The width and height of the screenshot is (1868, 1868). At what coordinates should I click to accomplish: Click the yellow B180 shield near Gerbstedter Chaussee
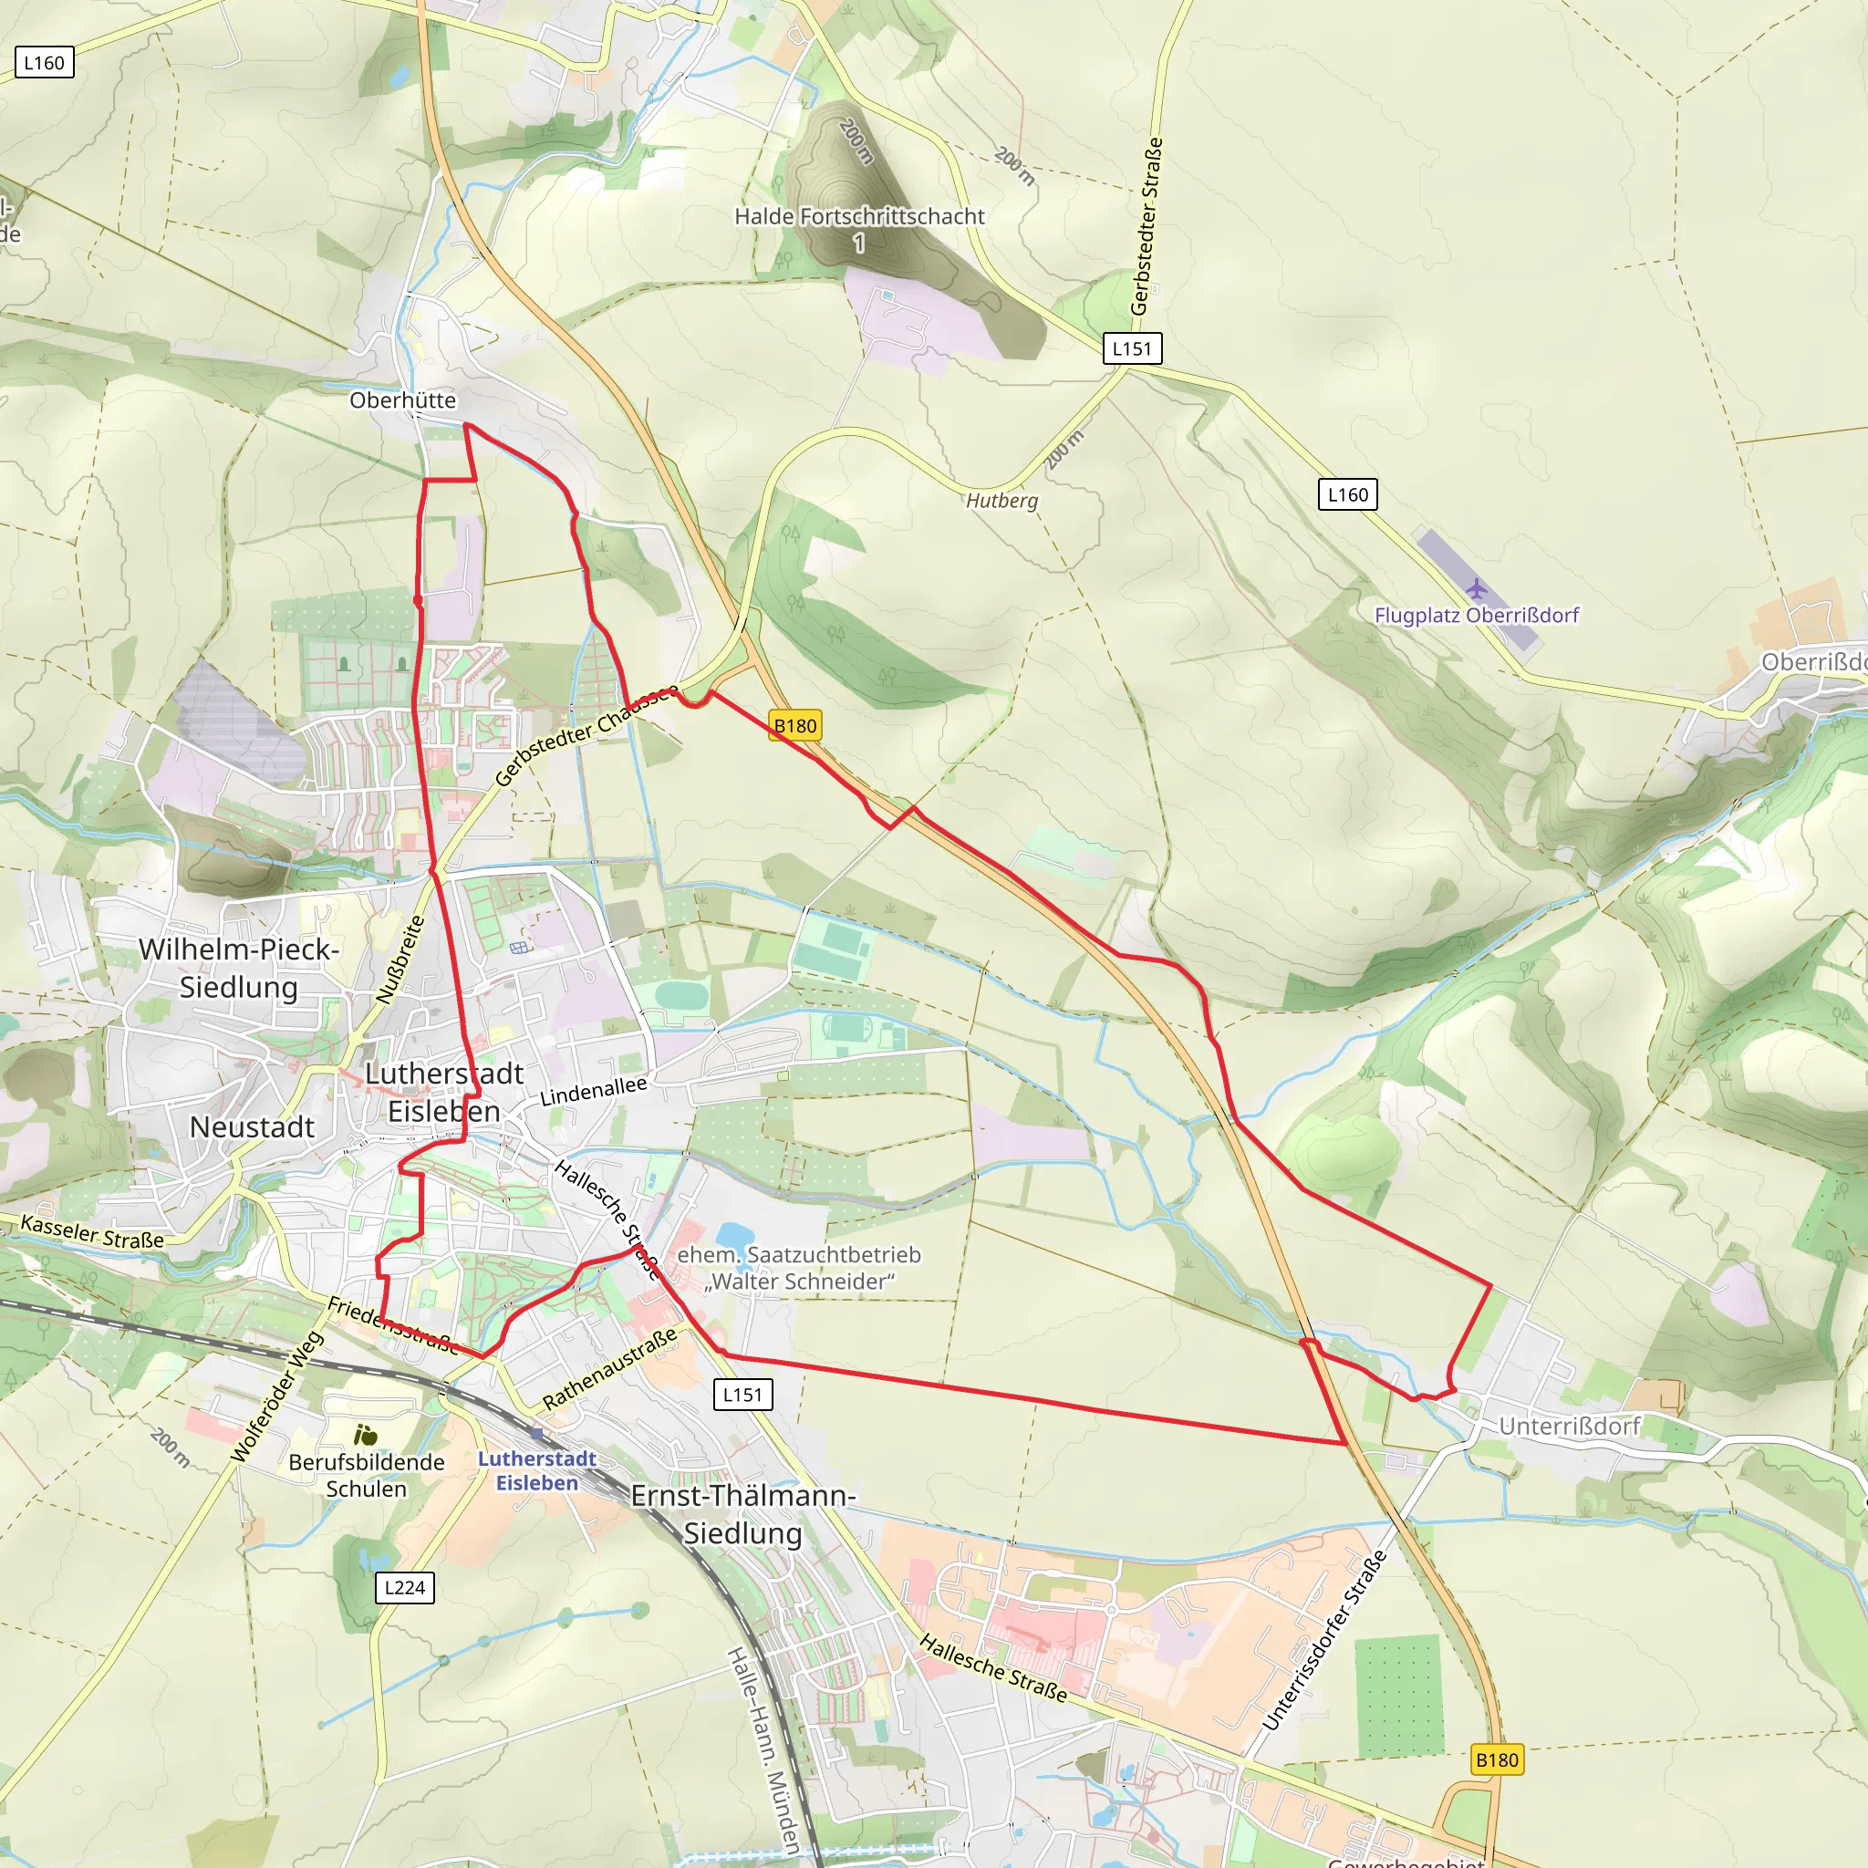point(794,725)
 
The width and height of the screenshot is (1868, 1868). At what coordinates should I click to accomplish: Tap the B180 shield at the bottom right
point(1497,1759)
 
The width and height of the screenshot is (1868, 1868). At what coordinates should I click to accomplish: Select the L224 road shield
point(404,1587)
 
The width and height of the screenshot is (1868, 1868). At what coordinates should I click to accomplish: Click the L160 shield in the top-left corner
point(44,63)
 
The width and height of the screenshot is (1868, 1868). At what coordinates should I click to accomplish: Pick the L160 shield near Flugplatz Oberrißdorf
point(1347,494)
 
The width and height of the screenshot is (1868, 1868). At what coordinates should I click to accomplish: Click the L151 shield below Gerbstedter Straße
point(1131,348)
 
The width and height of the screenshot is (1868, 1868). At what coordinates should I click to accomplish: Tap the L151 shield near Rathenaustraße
point(742,1395)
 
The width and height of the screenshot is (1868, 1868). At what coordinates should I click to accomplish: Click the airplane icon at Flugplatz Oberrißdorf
point(1476,588)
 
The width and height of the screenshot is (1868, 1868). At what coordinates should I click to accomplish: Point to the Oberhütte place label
point(402,400)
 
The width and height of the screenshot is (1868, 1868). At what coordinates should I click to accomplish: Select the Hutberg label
point(1001,500)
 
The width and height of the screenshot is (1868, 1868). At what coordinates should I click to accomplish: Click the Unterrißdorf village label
point(1568,1427)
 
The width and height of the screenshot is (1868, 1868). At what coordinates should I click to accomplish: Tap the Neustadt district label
point(252,1126)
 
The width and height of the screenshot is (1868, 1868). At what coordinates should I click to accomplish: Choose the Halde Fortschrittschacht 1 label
point(858,228)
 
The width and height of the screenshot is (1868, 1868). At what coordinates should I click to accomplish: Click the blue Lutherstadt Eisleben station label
point(536,1470)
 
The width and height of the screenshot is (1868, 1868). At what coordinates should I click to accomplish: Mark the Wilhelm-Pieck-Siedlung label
point(239,967)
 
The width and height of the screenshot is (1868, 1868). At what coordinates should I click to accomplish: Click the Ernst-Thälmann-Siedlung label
point(742,1513)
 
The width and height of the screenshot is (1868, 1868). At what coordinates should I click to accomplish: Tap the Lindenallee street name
point(593,1091)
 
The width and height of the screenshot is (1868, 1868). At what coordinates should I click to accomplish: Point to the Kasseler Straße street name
point(92,1230)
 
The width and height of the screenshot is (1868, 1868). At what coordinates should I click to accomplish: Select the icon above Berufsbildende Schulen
point(366,1435)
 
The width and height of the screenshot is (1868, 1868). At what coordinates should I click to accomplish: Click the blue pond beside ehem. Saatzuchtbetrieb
point(735,1236)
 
